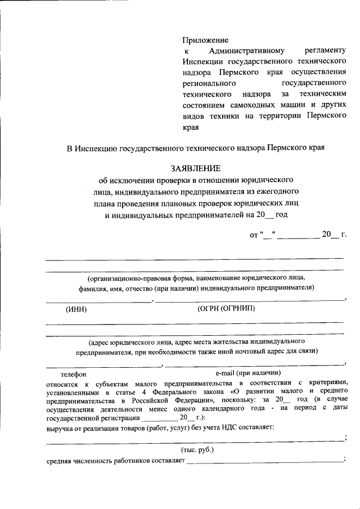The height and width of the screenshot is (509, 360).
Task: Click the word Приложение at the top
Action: coord(205,40)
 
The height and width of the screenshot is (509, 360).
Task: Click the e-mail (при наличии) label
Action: coord(248,373)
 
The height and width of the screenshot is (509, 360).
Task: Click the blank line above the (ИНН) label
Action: coord(98,301)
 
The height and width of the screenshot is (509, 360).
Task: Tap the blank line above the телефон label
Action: coord(103,366)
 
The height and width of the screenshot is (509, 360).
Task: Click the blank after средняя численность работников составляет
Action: coord(264,461)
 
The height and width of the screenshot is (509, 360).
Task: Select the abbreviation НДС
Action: coord(222,429)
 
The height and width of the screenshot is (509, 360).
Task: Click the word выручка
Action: coord(60,429)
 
